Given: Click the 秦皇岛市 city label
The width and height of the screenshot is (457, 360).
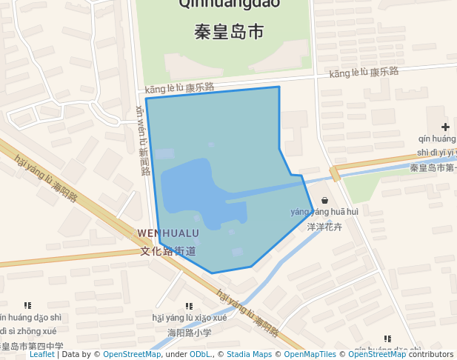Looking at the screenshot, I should (x=229, y=33).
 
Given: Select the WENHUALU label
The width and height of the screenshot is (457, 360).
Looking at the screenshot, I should (x=168, y=233).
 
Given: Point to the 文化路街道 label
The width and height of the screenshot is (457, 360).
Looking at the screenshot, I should (x=168, y=250).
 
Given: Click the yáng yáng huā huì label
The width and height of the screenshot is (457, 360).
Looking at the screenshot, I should (x=324, y=212).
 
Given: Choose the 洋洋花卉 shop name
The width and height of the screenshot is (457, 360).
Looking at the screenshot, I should (x=325, y=227).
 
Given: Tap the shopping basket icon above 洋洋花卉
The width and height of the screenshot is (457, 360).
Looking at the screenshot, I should (x=324, y=199).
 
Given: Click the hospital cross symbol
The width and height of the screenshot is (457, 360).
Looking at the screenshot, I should (x=445, y=127).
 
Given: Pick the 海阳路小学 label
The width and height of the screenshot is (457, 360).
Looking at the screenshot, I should (x=190, y=333).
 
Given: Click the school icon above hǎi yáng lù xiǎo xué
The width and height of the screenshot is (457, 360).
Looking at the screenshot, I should (x=189, y=305).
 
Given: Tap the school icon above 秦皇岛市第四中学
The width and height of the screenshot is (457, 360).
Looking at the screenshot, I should (x=28, y=304).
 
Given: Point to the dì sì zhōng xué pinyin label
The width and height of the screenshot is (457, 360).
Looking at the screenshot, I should (x=28, y=331).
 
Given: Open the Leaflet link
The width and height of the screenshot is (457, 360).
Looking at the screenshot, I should (x=41, y=355).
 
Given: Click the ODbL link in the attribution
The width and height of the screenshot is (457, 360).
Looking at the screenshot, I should (x=201, y=355).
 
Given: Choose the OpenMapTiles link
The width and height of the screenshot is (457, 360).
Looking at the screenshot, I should (x=307, y=355).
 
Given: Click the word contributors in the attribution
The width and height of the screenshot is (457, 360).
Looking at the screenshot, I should (x=431, y=355).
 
